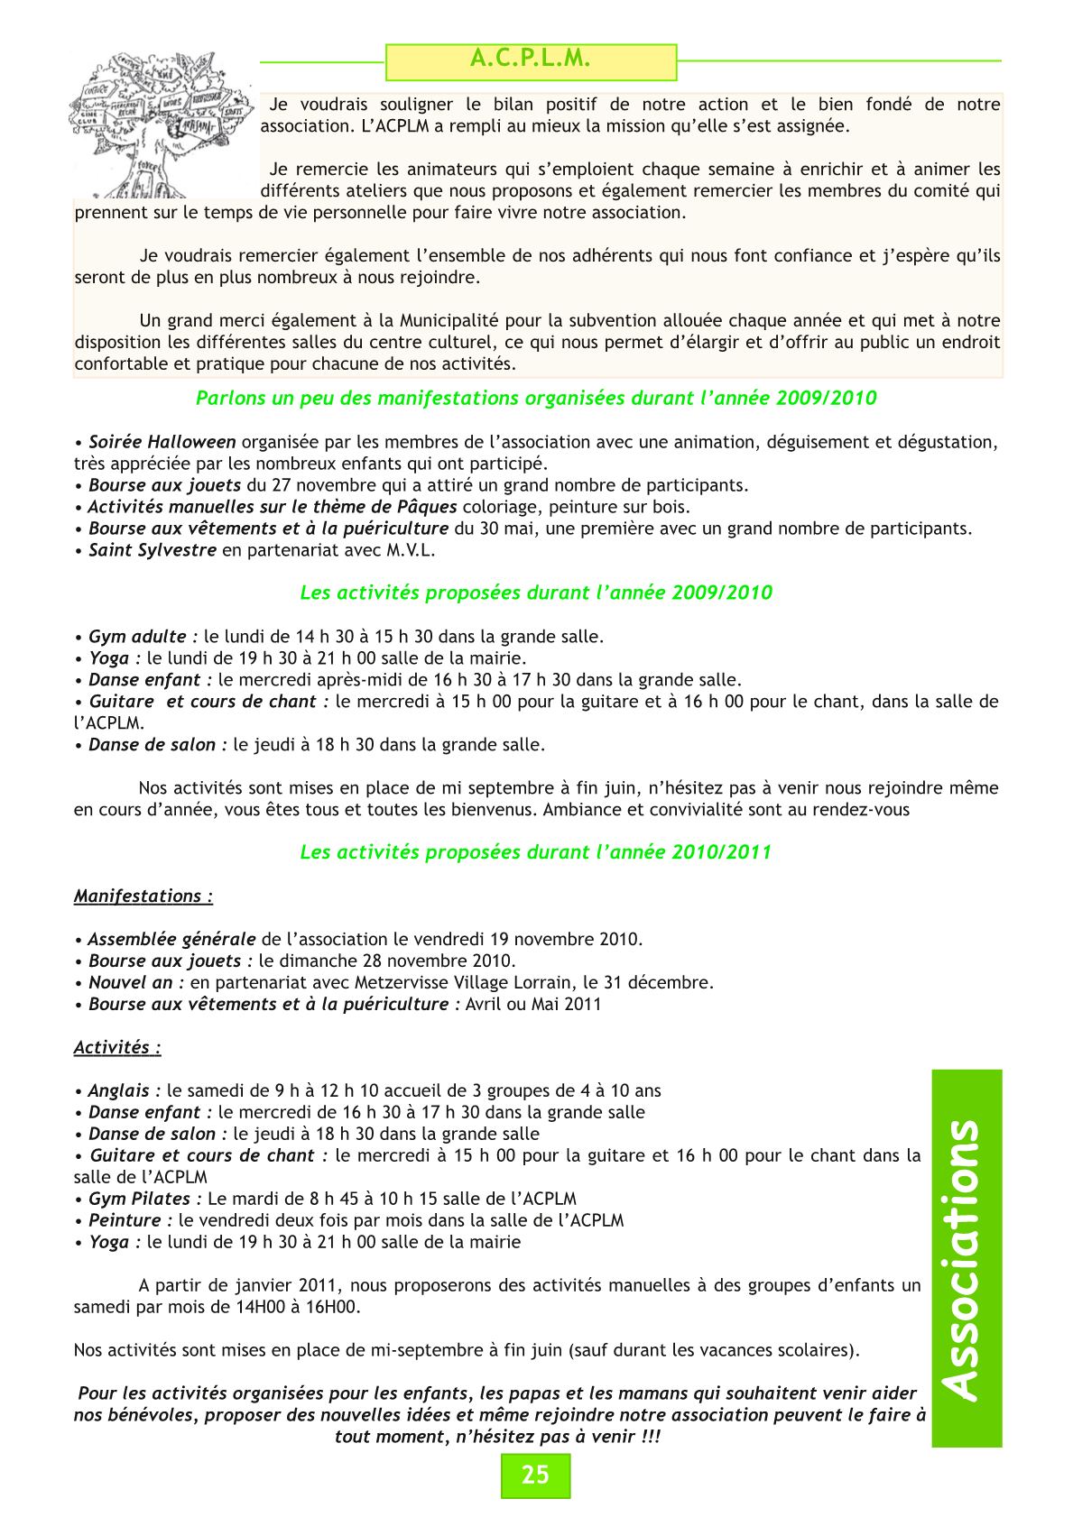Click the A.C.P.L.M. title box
531,60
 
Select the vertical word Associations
966,1258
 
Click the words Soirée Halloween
162,442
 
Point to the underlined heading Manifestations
143,896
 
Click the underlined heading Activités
117,1047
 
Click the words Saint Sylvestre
152,550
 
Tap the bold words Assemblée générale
171,939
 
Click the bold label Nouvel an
136,982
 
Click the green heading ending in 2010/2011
535,851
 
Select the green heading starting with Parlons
536,398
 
